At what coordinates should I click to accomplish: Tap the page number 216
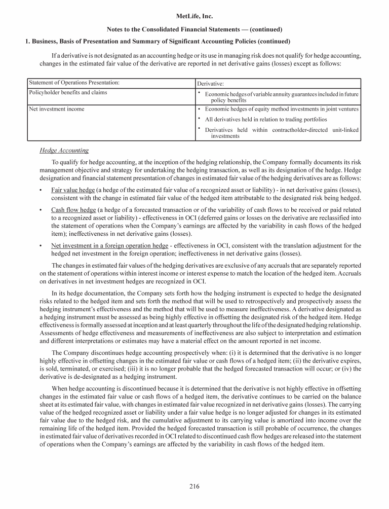(x=194, y=487)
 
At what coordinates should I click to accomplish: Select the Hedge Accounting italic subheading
(x=64, y=151)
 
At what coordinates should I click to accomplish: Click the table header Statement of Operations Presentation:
(x=74, y=83)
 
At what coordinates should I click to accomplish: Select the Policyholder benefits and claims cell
(x=68, y=93)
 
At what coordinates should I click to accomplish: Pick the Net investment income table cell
(x=57, y=109)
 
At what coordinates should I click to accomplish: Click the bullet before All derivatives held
(x=200, y=119)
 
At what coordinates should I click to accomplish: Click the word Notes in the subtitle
(x=116, y=29)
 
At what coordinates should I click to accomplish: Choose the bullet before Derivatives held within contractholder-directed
(x=200, y=129)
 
